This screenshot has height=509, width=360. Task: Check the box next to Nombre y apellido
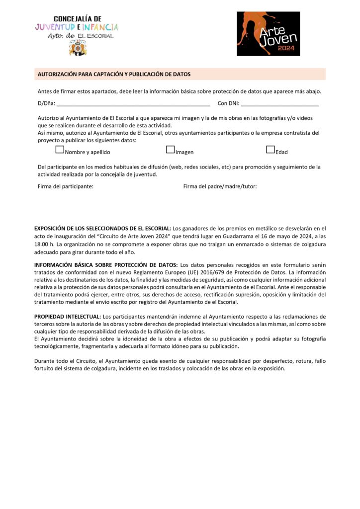click(x=60, y=149)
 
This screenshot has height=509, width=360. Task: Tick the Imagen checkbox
click(x=170, y=149)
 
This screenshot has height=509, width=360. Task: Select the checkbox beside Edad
click(x=270, y=149)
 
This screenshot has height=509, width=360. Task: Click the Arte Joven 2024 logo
click(x=268, y=33)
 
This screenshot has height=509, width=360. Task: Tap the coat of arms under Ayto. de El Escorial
click(x=77, y=48)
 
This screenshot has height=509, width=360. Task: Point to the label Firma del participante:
click(x=66, y=186)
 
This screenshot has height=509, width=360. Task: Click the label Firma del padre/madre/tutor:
click(x=220, y=186)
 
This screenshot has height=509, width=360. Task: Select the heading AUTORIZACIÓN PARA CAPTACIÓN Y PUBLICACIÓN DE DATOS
click(x=114, y=74)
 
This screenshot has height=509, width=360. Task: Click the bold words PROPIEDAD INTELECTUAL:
click(x=67, y=317)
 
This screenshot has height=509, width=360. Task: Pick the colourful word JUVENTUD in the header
click(x=55, y=27)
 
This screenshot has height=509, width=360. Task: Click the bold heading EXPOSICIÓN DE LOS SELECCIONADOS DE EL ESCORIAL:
click(x=102, y=229)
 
